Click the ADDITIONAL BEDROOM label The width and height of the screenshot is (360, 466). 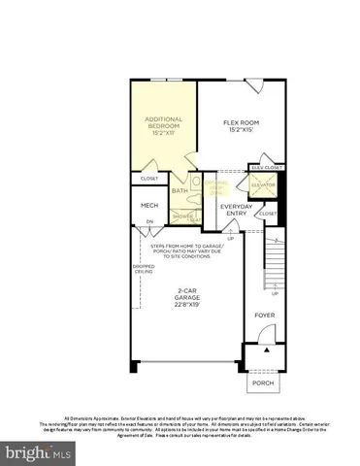coord(163,124)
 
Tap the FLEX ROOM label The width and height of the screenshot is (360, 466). coord(238,123)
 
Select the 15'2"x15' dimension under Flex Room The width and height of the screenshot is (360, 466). coord(238,131)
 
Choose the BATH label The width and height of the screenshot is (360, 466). coord(180,190)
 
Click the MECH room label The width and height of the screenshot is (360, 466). coord(149,206)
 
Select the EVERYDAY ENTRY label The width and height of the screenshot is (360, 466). coord(236,211)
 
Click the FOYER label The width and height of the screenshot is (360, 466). coord(265,316)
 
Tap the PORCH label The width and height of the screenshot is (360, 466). coord(262,383)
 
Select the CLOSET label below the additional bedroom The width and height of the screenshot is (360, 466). coord(149,179)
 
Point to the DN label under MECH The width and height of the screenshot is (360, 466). coord(149,222)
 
